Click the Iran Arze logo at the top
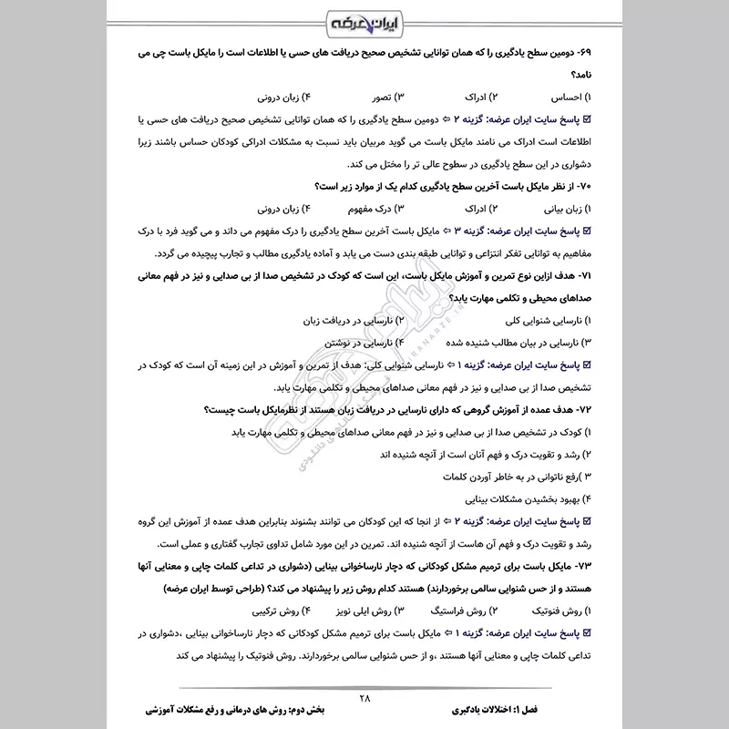click(364, 21)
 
